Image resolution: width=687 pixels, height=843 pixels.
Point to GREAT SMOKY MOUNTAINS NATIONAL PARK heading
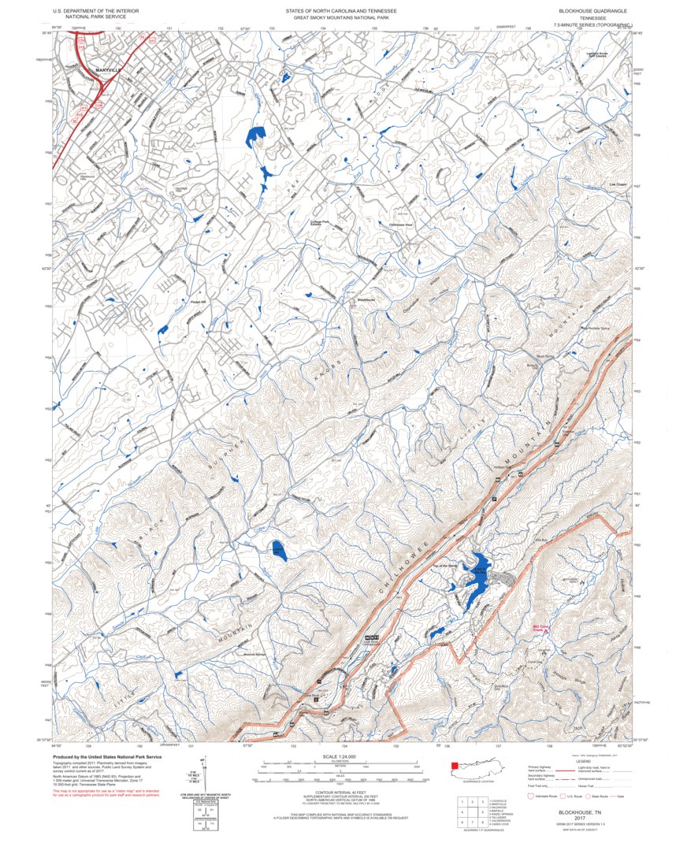(x=341, y=18)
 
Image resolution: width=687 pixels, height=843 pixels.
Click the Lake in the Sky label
(x=479, y=570)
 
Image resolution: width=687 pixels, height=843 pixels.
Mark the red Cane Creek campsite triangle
(x=545, y=630)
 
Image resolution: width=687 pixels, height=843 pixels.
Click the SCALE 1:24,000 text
(x=340, y=756)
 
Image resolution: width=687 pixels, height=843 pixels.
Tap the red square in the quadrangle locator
(x=454, y=765)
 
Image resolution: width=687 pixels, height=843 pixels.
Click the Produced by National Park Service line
(x=107, y=756)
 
